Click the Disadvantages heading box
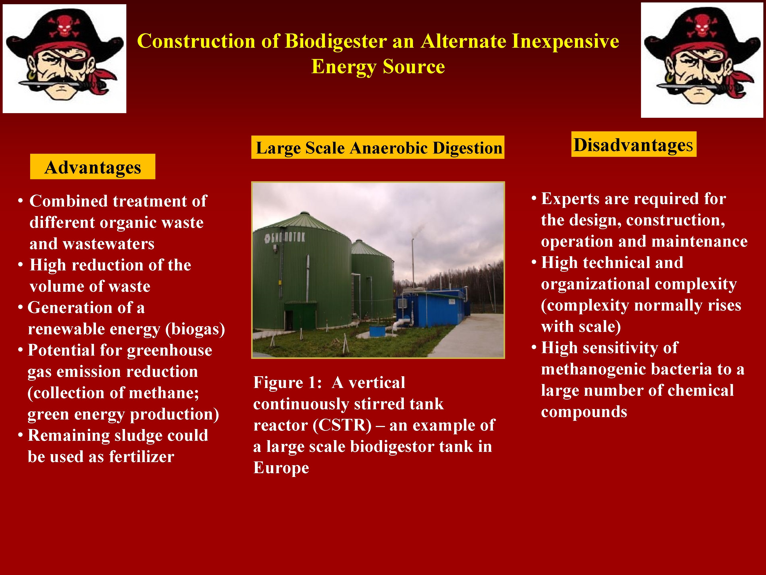click(633, 145)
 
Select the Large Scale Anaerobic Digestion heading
click(378, 148)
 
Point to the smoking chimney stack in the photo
click(413, 263)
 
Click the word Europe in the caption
click(281, 468)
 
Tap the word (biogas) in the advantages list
click(196, 329)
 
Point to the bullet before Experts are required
click(534, 199)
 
